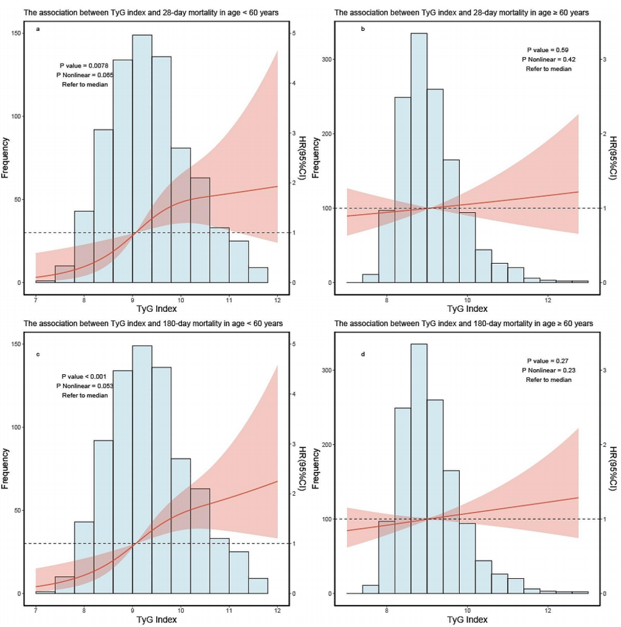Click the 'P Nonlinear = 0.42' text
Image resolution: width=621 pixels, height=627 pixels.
point(548,60)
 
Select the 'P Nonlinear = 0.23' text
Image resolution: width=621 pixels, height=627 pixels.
point(548,370)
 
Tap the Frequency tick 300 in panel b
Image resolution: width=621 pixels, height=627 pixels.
point(336,59)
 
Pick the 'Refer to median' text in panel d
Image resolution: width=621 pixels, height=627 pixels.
point(548,380)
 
